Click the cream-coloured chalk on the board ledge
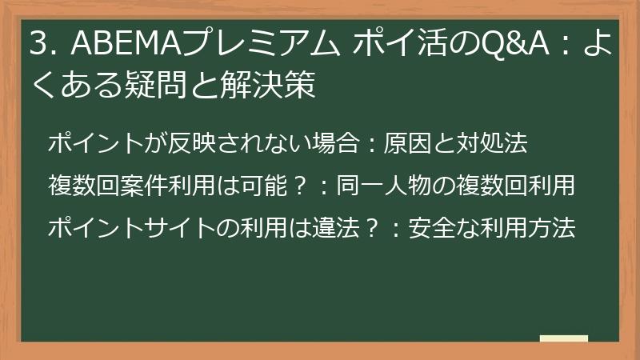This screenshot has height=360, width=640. (563, 338)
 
